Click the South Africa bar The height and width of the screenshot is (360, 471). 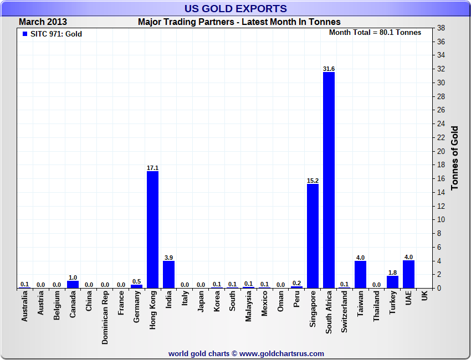tap(329, 180)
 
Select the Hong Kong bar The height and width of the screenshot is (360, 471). tap(152, 229)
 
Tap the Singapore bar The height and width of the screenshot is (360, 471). tap(313, 236)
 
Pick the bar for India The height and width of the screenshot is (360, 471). tap(168, 274)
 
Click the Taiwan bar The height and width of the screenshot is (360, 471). tap(360, 274)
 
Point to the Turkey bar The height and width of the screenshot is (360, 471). tap(392, 282)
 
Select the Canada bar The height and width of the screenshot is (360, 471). tap(73, 284)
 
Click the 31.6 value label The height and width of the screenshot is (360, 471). tap(329, 69)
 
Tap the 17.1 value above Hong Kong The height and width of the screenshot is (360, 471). tap(152, 168)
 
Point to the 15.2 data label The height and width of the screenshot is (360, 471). tap(313, 181)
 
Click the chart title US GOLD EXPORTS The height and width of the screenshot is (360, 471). tap(235, 8)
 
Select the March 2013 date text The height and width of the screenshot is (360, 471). tap(43, 22)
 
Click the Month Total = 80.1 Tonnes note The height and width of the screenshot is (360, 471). tap(375, 32)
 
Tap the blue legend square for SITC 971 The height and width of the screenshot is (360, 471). tap(24, 34)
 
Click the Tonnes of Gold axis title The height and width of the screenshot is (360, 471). tap(455, 158)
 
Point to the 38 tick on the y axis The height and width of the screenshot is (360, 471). tap(441, 28)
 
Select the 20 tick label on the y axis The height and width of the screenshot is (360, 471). tap(441, 151)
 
